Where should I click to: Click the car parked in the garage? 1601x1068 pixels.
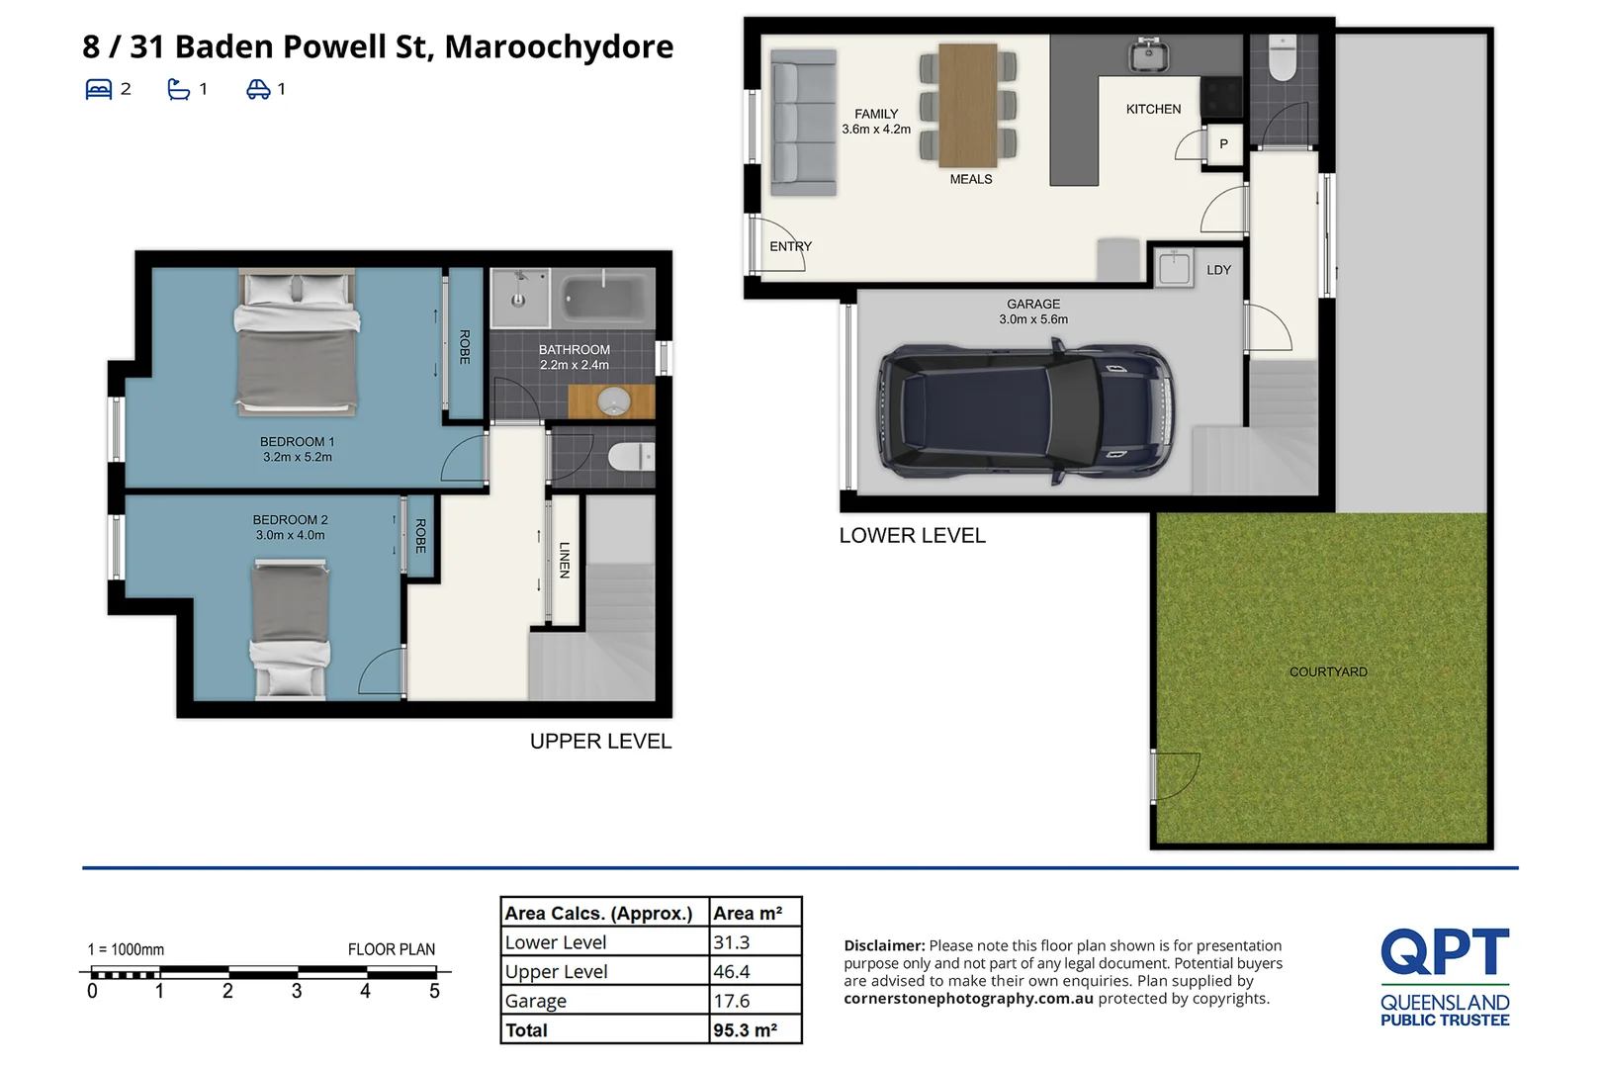[1025, 412]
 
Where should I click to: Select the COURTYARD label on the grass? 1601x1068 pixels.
[1328, 672]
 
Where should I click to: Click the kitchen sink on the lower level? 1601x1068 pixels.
[1148, 55]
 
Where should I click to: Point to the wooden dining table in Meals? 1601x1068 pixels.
[968, 105]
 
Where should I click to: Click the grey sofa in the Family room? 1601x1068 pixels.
[803, 123]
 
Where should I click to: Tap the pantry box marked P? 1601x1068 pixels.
[1223, 144]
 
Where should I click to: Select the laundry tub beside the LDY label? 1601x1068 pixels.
[1174, 270]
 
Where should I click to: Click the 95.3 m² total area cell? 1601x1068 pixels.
[745, 1030]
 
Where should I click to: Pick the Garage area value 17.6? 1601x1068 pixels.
[731, 1001]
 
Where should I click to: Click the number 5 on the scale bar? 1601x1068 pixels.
[434, 992]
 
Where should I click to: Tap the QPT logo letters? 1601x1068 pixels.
[1445, 951]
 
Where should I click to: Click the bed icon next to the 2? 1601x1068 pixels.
[99, 89]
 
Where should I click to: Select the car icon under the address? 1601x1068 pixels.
[258, 89]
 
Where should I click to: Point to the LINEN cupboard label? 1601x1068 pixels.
[565, 560]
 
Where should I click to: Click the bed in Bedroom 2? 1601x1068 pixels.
[290, 629]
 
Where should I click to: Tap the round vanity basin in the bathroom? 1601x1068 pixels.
[613, 400]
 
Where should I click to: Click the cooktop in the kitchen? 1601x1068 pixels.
[1221, 97]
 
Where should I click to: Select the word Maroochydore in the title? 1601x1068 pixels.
[559, 47]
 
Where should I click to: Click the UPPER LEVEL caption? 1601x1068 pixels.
[600, 742]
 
